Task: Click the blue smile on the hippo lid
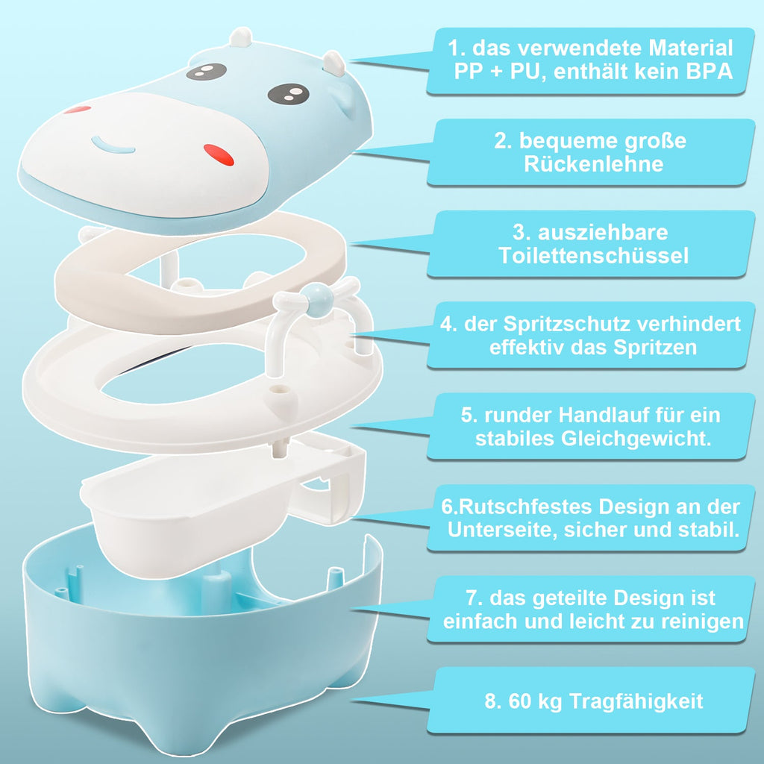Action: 113,144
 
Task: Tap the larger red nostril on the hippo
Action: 218,154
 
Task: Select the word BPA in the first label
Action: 709,73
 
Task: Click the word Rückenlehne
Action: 593,164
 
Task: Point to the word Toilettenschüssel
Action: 593,256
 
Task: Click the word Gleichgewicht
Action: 635,439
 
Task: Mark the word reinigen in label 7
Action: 698,621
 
